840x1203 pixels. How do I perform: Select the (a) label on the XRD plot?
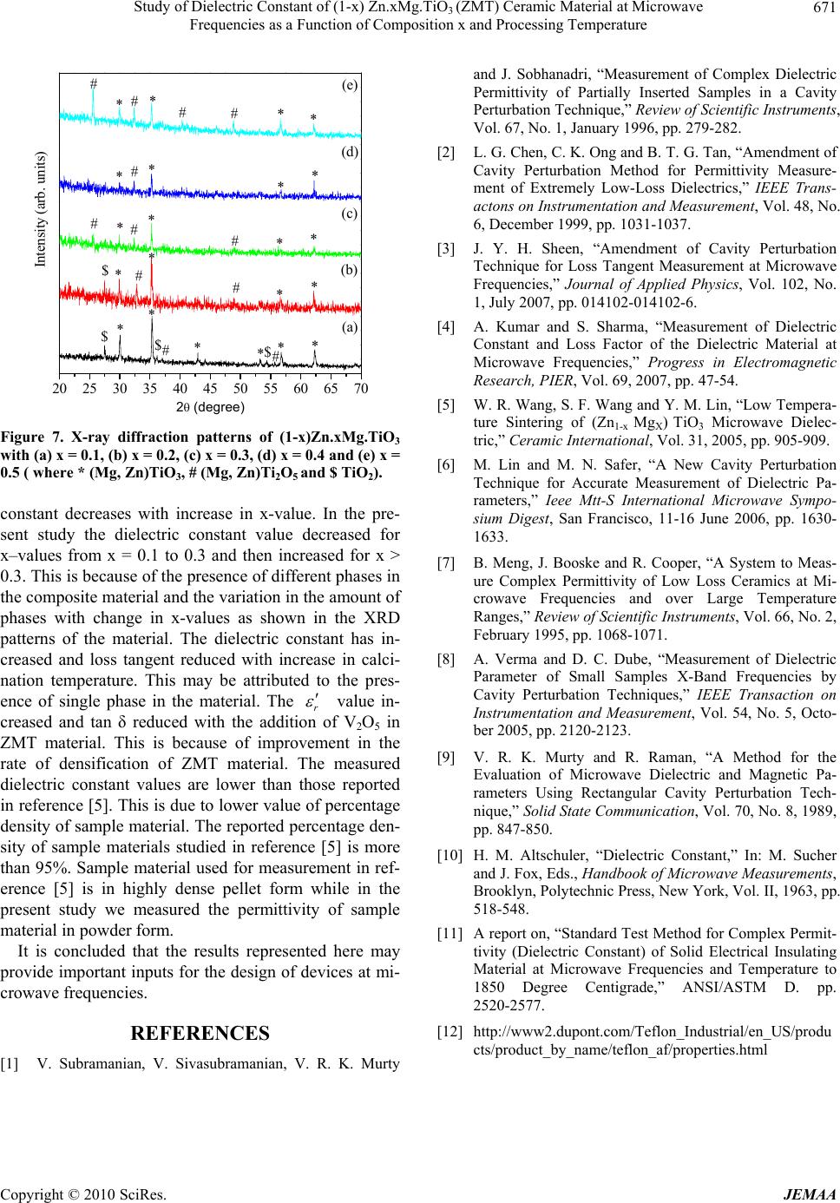coord(350,327)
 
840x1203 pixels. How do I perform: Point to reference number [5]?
coord(447,404)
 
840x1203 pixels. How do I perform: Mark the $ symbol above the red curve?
coord(105,271)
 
